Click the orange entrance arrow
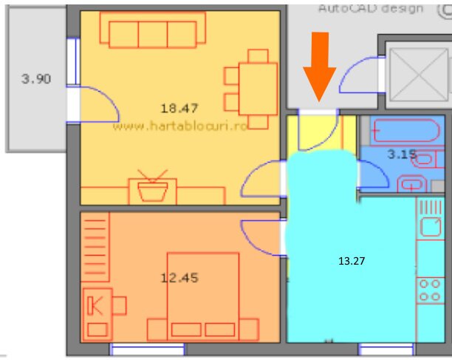point(319,66)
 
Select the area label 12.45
point(179,278)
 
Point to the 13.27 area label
point(352,261)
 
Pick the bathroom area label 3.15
point(402,154)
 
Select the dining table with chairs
point(250,89)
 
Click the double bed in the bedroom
point(204,296)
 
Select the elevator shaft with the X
point(417,71)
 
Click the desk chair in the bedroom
point(119,305)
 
